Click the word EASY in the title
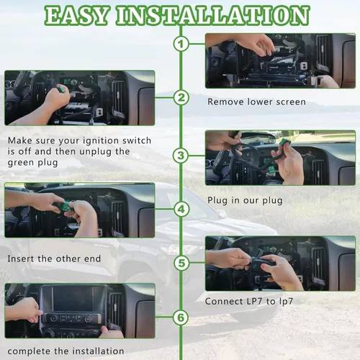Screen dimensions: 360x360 coord(76,15)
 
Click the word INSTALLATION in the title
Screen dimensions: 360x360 coord(213,15)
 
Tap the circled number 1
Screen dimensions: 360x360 coord(181,44)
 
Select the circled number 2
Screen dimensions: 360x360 coord(181,98)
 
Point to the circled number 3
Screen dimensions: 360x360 coord(181,156)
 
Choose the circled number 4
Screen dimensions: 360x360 coord(181,210)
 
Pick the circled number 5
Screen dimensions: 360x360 coord(181,263)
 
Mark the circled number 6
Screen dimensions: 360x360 coord(181,318)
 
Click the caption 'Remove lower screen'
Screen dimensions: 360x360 coord(256,102)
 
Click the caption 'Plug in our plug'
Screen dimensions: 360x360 coord(245,201)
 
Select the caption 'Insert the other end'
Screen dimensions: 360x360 coord(54,258)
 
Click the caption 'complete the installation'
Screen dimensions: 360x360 coord(66,351)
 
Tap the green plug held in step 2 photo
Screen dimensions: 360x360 coord(61,89)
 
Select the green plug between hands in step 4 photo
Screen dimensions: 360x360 coord(65,207)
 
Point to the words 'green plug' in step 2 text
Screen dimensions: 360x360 coord(32,163)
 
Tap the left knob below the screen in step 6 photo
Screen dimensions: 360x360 coord(54,318)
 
